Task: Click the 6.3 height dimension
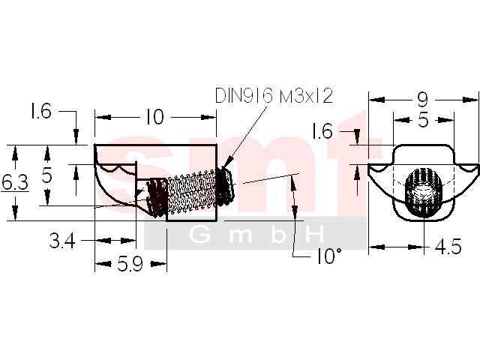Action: pyautogui.click(x=15, y=182)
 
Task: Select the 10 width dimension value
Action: pyautogui.click(x=155, y=117)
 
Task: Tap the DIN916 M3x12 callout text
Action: pyautogui.click(x=274, y=95)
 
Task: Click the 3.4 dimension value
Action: pyautogui.click(x=62, y=241)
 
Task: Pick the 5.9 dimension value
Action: pyautogui.click(x=130, y=263)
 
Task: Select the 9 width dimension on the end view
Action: pyautogui.click(x=422, y=100)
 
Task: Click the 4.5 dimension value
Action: pyautogui.click(x=448, y=247)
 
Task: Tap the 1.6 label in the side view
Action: pyautogui.click(x=40, y=111)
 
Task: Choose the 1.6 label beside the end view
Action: pyautogui.click(x=322, y=132)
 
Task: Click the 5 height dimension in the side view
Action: pyautogui.click(x=46, y=176)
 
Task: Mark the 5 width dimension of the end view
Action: pyautogui.click(x=423, y=120)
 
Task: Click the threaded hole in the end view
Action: pyautogui.click(x=424, y=192)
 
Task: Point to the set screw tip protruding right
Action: pyautogui.click(x=226, y=186)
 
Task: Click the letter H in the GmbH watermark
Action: pyautogui.click(x=313, y=235)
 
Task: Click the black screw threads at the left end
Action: pyautogui.click(x=157, y=197)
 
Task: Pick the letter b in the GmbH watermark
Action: pyautogui.click(x=278, y=235)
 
